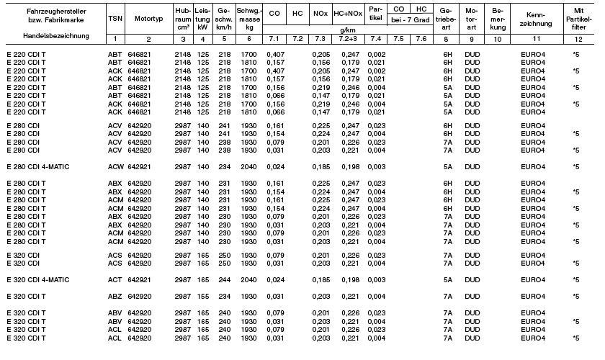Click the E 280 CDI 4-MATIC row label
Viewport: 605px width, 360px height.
coord(40,166)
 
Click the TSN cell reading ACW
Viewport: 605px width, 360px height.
coord(114,166)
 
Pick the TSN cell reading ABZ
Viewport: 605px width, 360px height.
coord(114,296)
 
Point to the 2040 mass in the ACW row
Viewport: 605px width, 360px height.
coord(248,166)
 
